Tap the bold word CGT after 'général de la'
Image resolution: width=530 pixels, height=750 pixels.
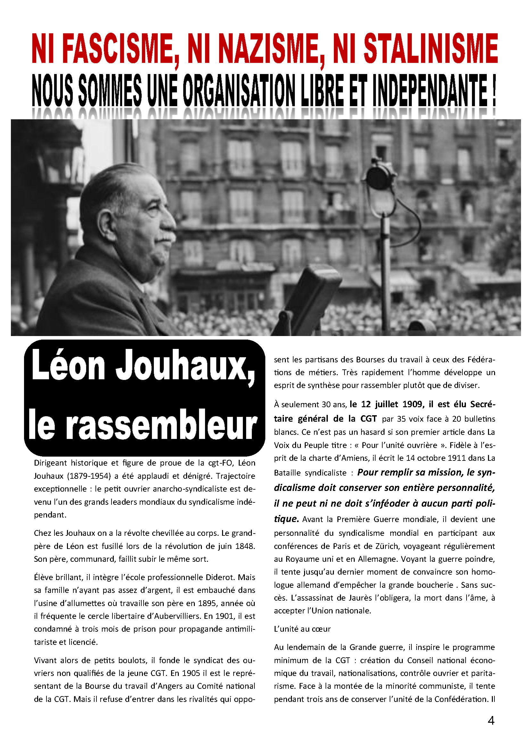click(x=369, y=419)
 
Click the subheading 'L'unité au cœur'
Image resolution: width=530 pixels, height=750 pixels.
click(x=302, y=629)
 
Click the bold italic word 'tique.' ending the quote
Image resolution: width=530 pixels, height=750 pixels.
click(x=286, y=519)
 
